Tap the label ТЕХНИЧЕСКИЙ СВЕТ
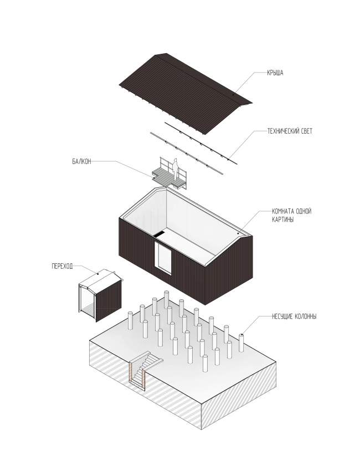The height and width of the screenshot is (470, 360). point(289,131)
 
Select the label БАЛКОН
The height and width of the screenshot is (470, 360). point(81,161)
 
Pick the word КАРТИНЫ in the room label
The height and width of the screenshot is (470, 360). point(284,220)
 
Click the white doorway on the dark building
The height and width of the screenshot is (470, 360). point(164,259)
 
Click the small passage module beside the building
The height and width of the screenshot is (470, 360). point(100,297)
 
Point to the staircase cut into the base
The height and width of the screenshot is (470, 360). point(147,363)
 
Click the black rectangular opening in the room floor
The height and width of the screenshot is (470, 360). point(159,234)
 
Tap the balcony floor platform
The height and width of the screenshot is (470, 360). point(166,176)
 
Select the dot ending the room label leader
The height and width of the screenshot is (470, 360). point(239,234)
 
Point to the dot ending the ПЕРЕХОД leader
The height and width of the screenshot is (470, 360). point(98,273)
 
